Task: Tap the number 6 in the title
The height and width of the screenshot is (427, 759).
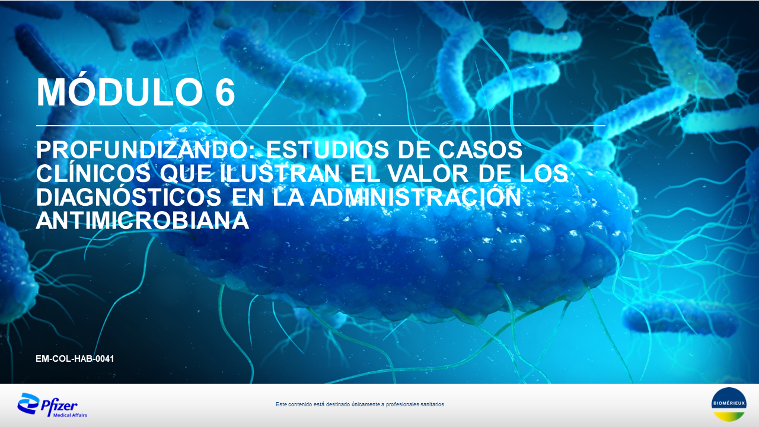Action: coord(225,92)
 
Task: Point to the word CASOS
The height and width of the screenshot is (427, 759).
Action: coord(480,150)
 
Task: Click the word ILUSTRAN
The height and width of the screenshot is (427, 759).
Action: coord(280,174)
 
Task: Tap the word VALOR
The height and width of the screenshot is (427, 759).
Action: coord(428,174)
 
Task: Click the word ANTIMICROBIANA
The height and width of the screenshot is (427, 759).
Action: coord(143,220)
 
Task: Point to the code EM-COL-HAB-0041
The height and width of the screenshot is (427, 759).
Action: coord(75,359)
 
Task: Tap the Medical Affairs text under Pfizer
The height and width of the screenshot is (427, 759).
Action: coord(70,415)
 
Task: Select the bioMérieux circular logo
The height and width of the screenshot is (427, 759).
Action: coord(729,404)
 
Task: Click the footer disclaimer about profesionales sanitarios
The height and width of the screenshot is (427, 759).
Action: coord(360,404)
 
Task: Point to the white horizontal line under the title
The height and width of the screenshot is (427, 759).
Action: coord(321,126)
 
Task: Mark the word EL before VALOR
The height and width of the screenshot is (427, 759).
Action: coord(364,174)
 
